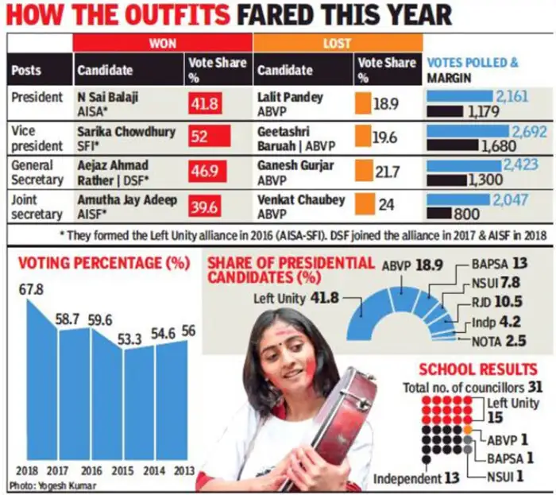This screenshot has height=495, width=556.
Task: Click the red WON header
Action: coord(163,44)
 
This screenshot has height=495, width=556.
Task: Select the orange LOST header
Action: coord(338,44)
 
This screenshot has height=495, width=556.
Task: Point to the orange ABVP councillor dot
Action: coord(469,430)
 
